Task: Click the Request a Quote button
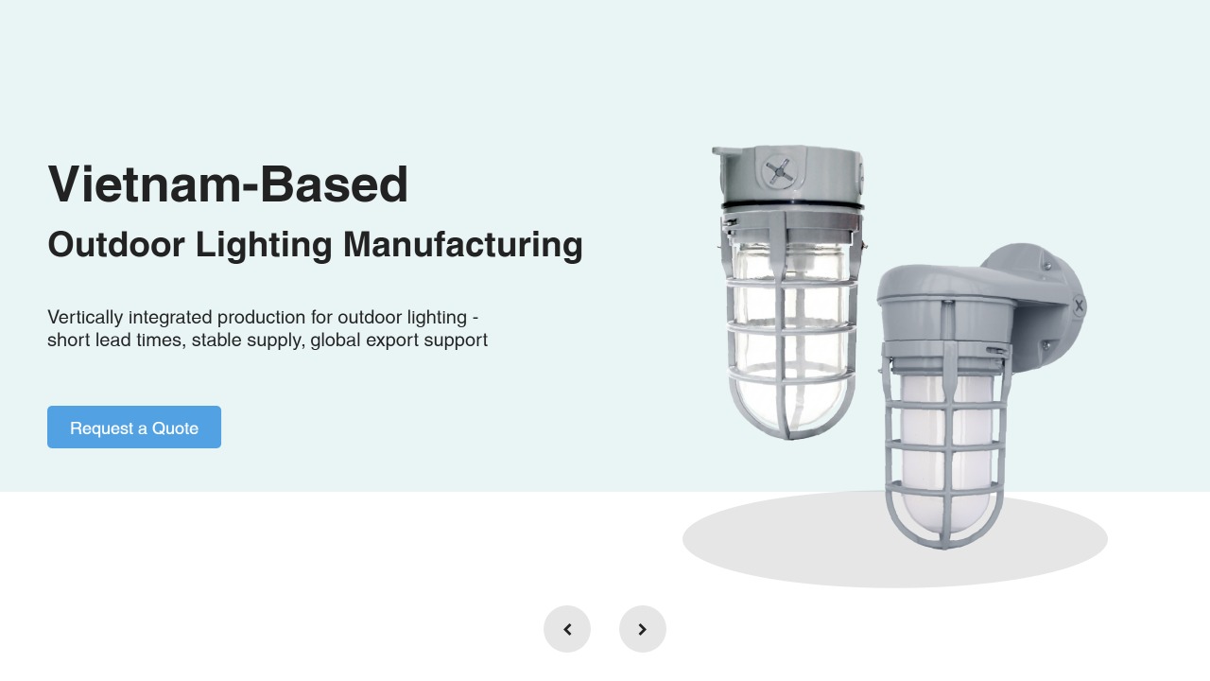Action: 134,427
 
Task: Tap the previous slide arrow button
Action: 567,629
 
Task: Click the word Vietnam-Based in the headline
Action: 228,184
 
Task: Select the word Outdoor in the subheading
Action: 116,244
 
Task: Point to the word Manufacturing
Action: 463,244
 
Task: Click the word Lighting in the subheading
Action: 264,246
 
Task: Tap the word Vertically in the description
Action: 85,318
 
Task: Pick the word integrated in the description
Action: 170,318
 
